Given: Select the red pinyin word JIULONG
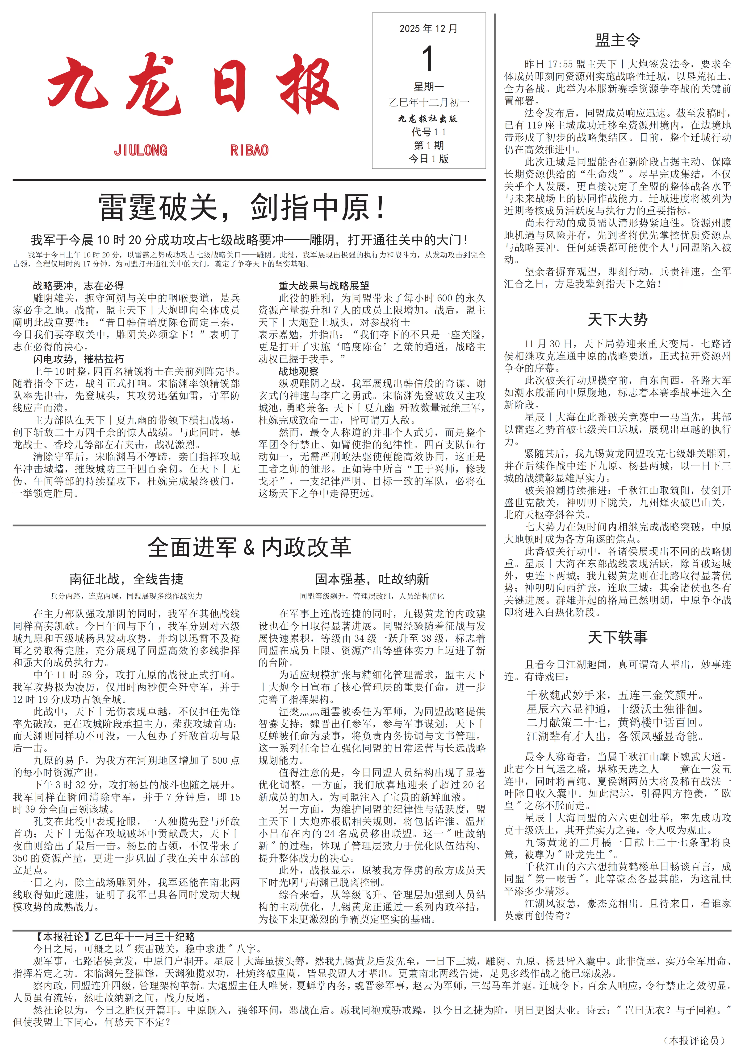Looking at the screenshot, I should click(141, 150).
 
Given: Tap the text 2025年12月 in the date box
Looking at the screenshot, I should click(428, 29).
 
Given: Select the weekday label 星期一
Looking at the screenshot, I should click(428, 87).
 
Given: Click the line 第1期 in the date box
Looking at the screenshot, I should click(428, 146).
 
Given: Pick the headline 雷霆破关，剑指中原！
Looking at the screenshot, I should click(242, 207).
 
